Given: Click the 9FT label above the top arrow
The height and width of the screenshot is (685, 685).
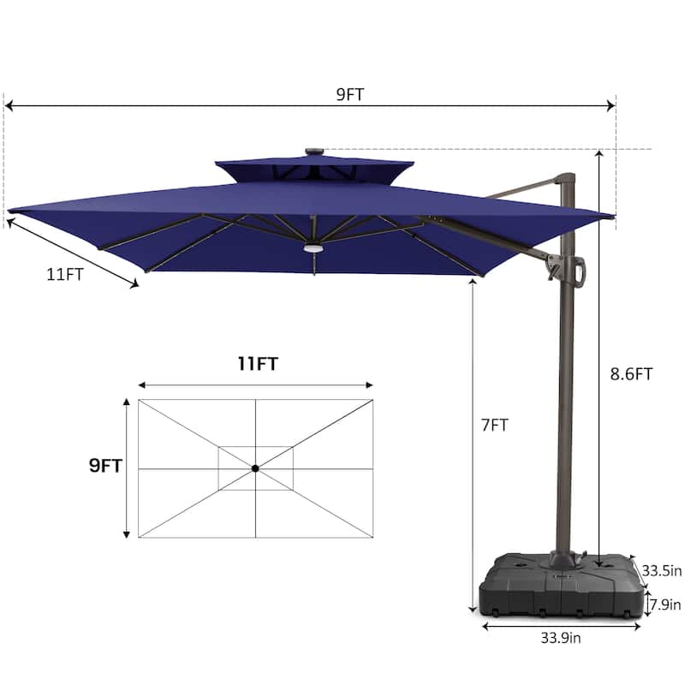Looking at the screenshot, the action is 350,94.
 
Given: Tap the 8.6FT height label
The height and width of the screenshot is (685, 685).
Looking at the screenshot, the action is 631,374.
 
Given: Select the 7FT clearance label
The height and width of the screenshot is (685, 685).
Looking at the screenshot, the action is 495,425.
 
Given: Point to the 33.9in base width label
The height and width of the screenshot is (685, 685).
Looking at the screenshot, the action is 561,638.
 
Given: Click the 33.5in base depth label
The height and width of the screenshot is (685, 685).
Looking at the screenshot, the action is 661,570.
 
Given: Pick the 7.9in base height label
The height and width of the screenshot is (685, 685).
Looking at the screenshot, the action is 665,605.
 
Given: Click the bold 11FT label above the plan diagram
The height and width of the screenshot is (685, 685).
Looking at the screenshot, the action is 258,363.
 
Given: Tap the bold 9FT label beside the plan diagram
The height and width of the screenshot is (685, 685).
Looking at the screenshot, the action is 105,466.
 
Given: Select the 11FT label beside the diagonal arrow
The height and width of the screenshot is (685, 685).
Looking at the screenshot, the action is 65,274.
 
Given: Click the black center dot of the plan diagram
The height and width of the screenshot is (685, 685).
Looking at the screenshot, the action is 255,468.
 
